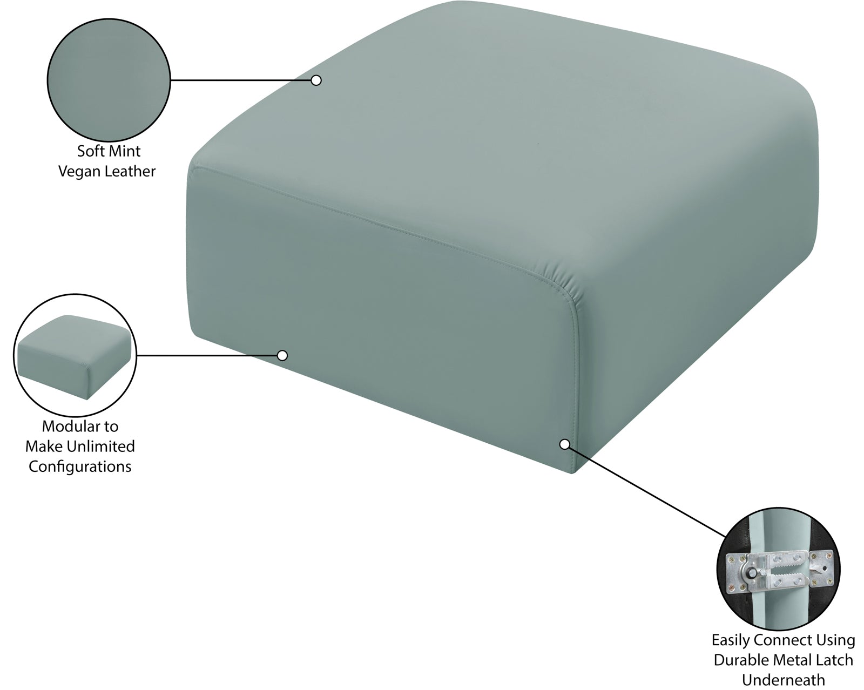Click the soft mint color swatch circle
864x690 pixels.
(109, 80)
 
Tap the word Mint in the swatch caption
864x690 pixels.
(124, 151)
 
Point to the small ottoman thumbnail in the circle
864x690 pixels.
(75, 357)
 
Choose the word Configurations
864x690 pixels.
(80, 467)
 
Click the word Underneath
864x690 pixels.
(783, 680)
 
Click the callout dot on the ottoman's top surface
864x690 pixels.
(316, 80)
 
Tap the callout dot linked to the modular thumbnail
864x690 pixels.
(282, 356)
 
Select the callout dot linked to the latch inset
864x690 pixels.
(564, 444)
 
